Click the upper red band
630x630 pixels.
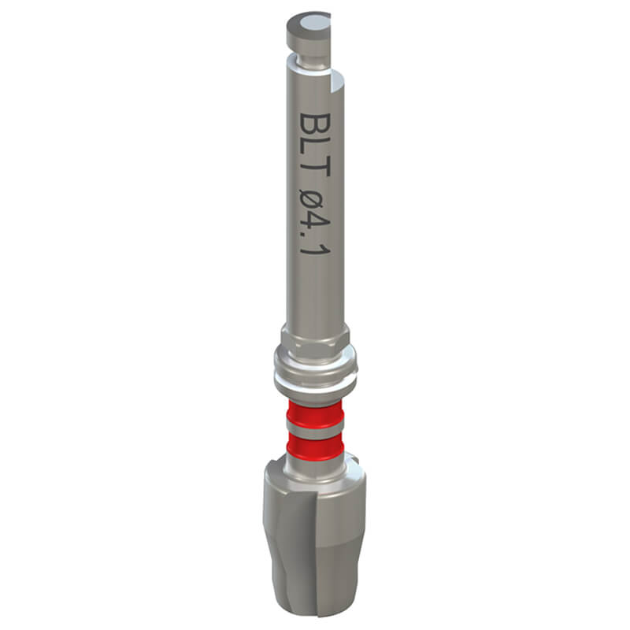point(314,412)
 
